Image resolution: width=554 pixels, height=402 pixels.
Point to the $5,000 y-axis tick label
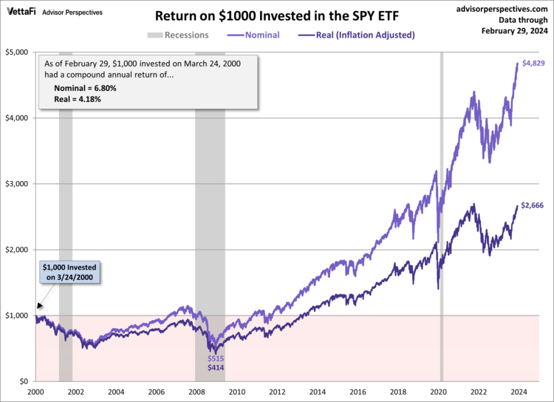(17, 52)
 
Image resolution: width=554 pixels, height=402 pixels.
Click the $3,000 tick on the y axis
(17, 184)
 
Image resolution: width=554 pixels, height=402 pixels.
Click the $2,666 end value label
(532, 205)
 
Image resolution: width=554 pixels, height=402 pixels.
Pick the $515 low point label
(216, 358)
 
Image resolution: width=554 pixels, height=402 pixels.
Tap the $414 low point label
(216, 367)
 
